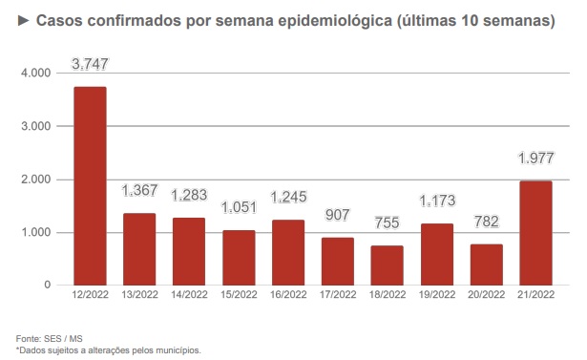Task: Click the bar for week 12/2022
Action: pos(90,186)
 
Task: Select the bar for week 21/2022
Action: pos(535,233)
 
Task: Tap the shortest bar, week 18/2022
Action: pos(387,265)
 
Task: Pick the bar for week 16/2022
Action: pos(287,252)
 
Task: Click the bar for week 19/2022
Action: pos(436,254)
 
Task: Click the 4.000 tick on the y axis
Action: pos(35,74)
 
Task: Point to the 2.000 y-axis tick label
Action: pos(35,180)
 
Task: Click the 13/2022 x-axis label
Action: pos(139,297)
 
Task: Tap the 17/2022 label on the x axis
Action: pos(337,297)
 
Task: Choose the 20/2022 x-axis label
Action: pos(486,297)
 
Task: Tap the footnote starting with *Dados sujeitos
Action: pos(108,350)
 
